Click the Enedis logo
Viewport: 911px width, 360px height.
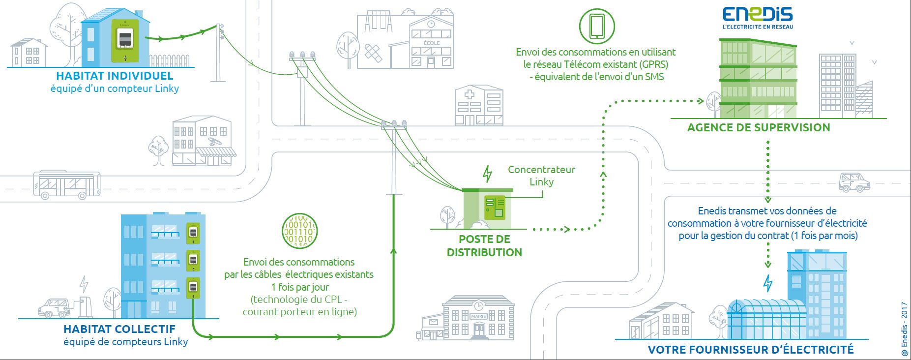point(757,17)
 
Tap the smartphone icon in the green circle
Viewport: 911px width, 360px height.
point(597,26)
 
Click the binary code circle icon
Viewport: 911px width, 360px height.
point(299,231)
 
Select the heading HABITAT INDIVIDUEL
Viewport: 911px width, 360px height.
point(115,76)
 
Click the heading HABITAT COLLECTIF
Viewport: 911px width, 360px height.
point(119,329)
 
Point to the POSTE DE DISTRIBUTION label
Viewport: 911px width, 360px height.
point(484,245)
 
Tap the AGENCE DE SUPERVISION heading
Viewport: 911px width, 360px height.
point(759,127)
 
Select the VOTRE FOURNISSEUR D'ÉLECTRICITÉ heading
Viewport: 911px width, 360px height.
point(751,350)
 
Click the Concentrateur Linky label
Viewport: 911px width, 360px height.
point(541,176)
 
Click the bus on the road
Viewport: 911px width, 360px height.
point(66,184)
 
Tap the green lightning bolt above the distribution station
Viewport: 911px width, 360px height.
point(487,174)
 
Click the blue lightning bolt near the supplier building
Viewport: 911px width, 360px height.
point(768,283)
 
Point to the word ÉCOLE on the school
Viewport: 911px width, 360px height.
point(432,43)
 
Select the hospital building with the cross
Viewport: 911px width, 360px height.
point(479,105)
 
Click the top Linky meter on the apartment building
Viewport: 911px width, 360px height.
point(193,233)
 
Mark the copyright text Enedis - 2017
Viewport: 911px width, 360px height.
point(904,329)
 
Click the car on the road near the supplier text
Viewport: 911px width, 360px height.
point(854,182)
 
